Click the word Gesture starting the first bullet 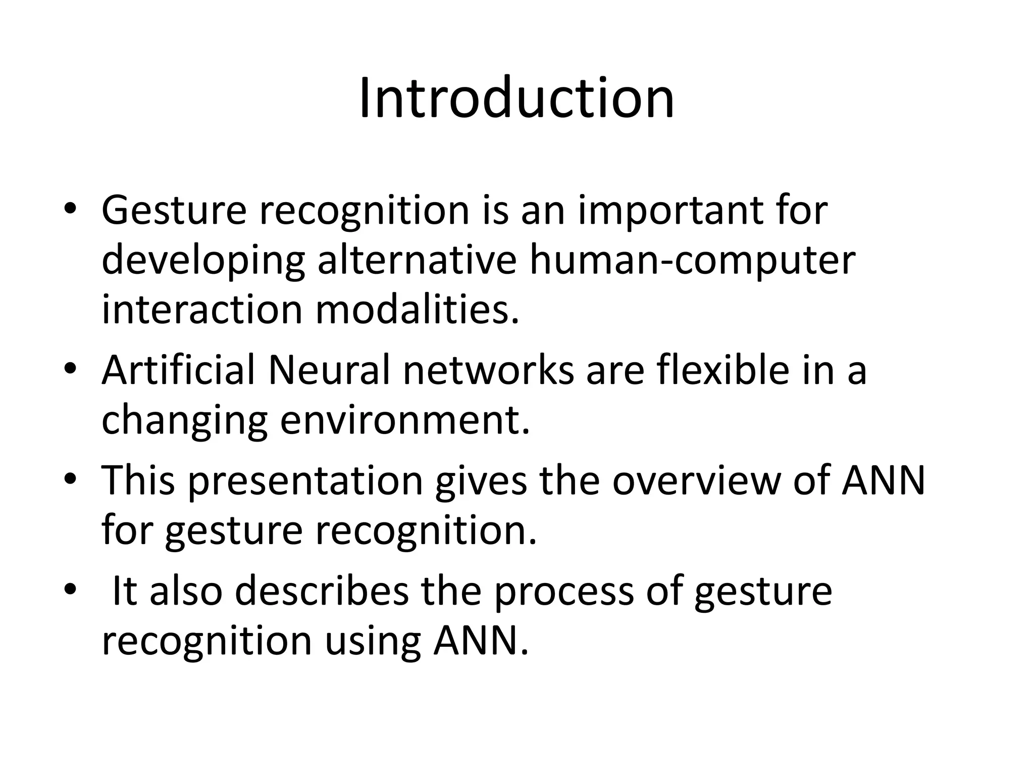click(x=174, y=211)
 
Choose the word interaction click(x=201, y=309)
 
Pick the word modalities click(x=417, y=309)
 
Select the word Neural click(x=329, y=370)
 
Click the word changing click(x=184, y=421)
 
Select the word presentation click(x=305, y=481)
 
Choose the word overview click(x=696, y=480)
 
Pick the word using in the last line click(x=372, y=642)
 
